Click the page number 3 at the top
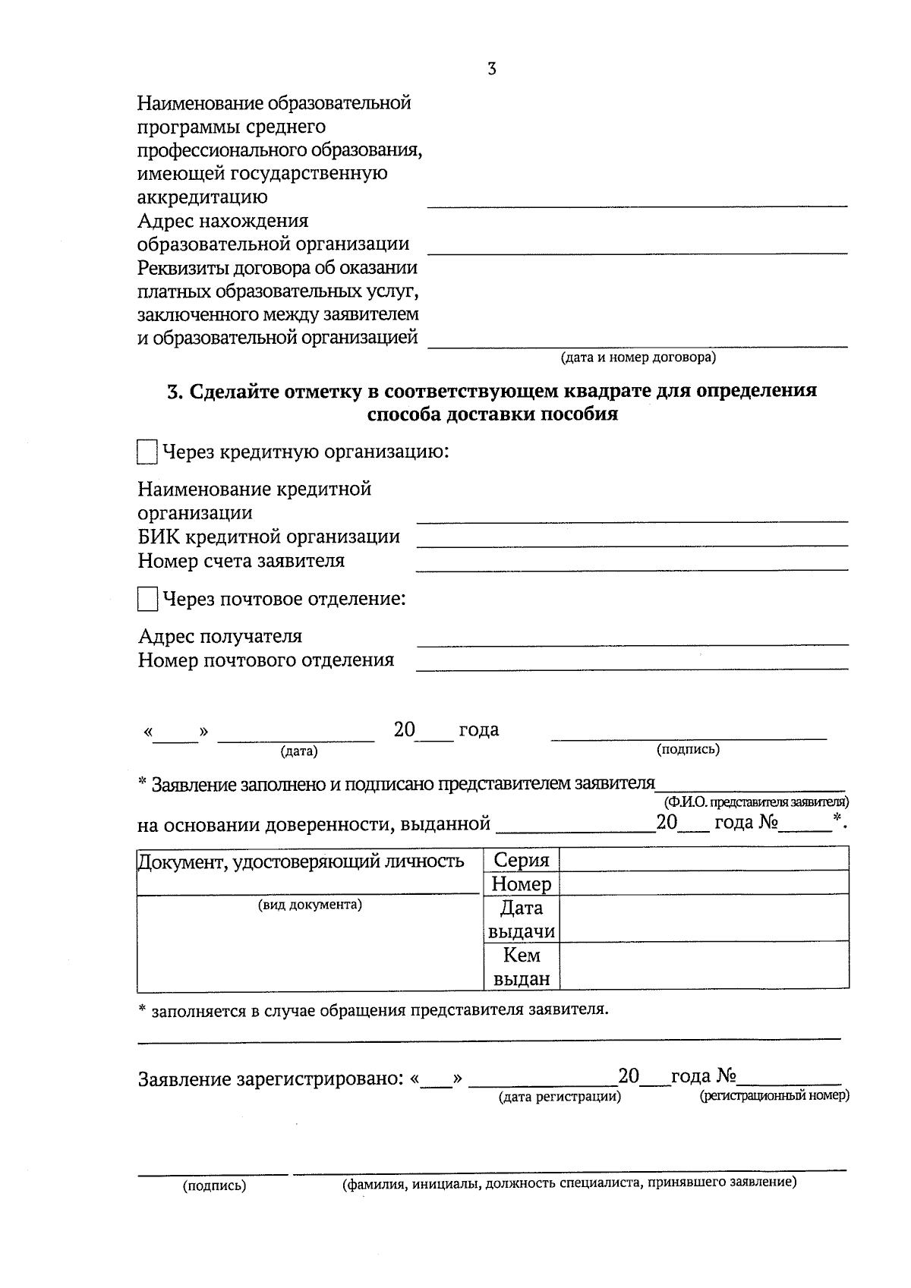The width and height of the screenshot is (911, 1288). [491, 69]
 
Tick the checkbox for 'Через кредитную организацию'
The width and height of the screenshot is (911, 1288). [147, 453]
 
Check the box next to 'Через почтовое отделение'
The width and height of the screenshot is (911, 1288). [147, 600]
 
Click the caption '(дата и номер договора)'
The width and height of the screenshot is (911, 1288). [638, 357]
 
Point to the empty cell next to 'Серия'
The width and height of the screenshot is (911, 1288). [703, 860]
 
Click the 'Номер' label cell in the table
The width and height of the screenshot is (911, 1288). [521, 883]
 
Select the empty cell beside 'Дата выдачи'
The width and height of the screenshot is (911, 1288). [703, 919]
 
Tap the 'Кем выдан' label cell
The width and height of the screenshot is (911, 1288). [521, 967]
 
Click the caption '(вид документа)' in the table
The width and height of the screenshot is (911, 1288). [310, 905]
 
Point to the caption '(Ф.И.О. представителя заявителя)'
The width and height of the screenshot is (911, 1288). [756, 801]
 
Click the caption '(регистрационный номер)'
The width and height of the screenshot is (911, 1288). [774, 1096]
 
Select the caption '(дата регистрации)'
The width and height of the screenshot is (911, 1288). [560, 1097]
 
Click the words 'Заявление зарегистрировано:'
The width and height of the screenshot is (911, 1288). [270, 1079]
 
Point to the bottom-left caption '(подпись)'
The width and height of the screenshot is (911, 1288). [214, 1186]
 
